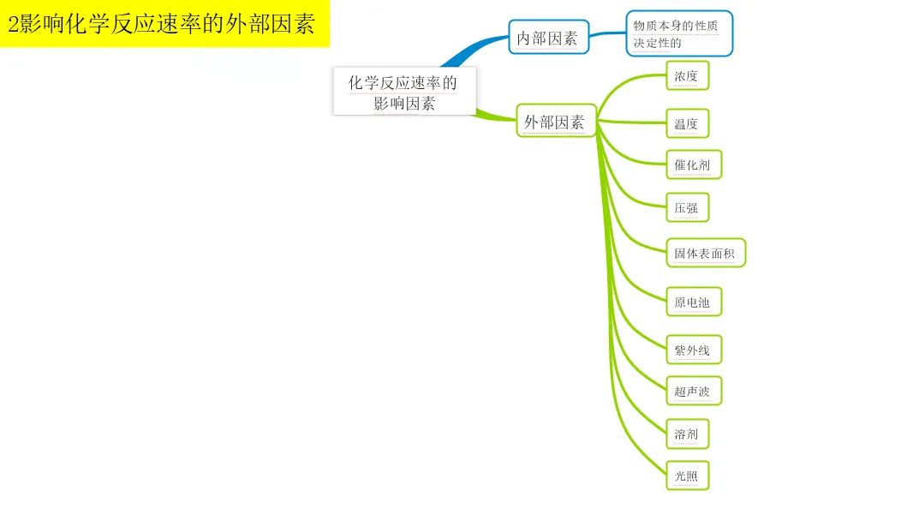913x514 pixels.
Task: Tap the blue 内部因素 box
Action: pyautogui.click(x=549, y=38)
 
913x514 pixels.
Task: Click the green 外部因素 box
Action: pyautogui.click(x=556, y=122)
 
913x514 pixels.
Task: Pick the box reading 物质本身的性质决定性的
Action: pyautogui.click(x=679, y=33)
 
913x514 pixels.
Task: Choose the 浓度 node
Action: pyautogui.click(x=687, y=76)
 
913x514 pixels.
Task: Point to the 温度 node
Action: pyautogui.click(x=687, y=123)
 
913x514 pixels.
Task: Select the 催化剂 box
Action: pyautogui.click(x=693, y=164)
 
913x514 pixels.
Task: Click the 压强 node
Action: pyautogui.click(x=687, y=208)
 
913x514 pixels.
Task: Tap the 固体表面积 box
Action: pyautogui.click(x=705, y=254)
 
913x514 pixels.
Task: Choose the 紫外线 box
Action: pyautogui.click(x=693, y=350)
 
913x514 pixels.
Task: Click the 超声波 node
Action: pyautogui.click(x=693, y=391)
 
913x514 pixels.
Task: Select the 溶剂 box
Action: pyautogui.click(x=687, y=434)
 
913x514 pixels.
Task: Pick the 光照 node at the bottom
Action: pyautogui.click(x=687, y=476)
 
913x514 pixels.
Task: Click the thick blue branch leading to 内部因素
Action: pyautogui.click(x=475, y=47)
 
